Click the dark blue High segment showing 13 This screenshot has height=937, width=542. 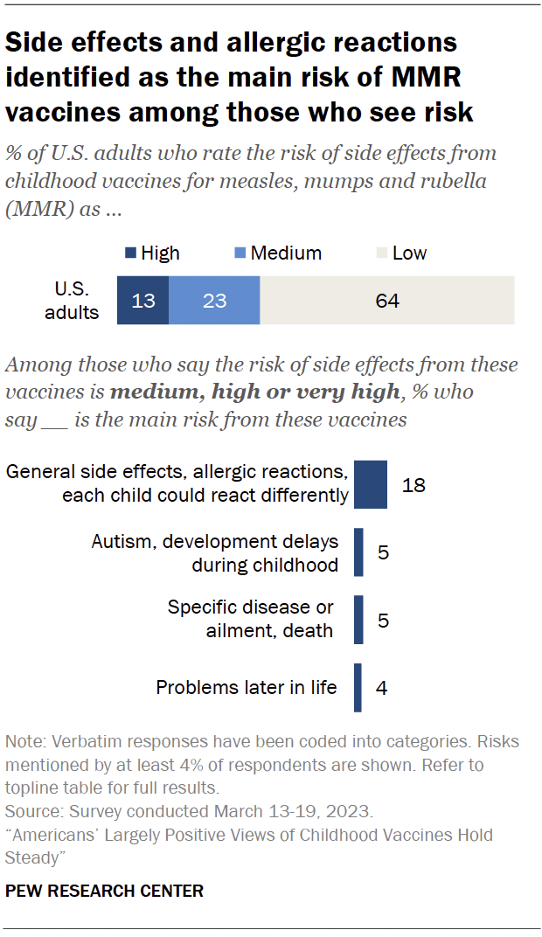[x=142, y=301]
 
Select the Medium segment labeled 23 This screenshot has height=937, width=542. [x=214, y=301]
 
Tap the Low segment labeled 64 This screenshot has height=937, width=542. [x=386, y=301]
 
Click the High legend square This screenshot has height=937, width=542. [x=129, y=253]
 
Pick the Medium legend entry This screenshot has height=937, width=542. [x=279, y=253]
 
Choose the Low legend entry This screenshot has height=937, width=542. [x=401, y=253]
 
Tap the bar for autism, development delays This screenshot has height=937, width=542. [x=358, y=552]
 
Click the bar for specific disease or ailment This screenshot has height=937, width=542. [x=358, y=620]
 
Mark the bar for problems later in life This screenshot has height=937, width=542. [x=358, y=688]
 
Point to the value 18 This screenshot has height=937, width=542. [x=413, y=484]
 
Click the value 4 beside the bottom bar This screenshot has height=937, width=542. [x=381, y=688]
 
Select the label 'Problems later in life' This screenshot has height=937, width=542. [x=246, y=688]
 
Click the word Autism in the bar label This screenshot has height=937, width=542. [x=120, y=542]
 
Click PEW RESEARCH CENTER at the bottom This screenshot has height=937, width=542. [x=104, y=892]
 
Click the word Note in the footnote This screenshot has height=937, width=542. [x=22, y=742]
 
